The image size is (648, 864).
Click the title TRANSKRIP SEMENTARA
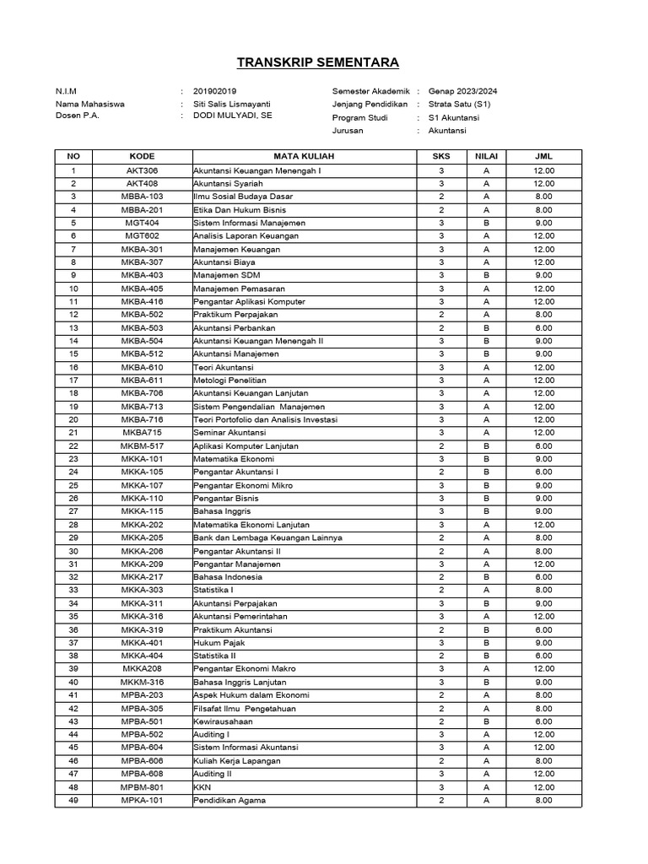pyautogui.click(x=318, y=62)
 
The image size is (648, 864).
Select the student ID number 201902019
pyautogui.click(x=215, y=91)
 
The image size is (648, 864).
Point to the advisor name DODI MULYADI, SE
pyautogui.click(x=233, y=116)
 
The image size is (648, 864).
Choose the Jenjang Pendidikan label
pyautogui.click(x=370, y=104)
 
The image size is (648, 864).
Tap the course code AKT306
pyautogui.click(x=142, y=170)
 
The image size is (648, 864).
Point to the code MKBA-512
pyautogui.click(x=142, y=354)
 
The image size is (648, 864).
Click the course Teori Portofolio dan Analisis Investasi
pyautogui.click(x=265, y=419)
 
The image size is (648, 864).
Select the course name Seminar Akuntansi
pyautogui.click(x=229, y=433)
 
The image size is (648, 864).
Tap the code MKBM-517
pyautogui.click(x=142, y=445)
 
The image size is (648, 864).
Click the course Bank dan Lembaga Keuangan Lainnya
pyautogui.click(x=267, y=537)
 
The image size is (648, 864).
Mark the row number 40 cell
pyautogui.click(x=73, y=682)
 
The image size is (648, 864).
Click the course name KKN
pyautogui.click(x=202, y=786)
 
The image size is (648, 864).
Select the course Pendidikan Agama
pyautogui.click(x=229, y=800)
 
